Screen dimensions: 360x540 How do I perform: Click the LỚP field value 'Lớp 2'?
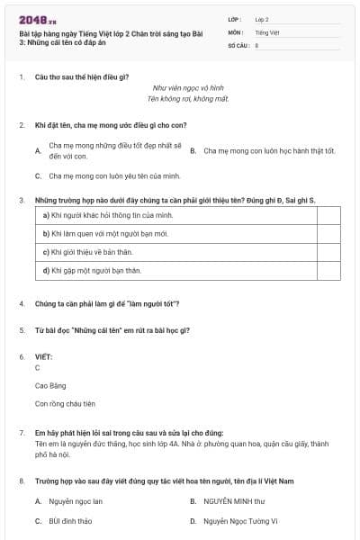coord(262,18)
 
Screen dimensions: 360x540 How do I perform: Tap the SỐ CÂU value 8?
coord(256,44)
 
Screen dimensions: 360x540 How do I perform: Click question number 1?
coord(21,76)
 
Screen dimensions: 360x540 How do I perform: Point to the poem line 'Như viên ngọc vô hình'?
coord(187,88)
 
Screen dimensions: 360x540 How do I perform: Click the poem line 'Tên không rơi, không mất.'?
coord(187,98)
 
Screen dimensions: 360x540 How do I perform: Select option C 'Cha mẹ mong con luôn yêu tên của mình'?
coord(114,175)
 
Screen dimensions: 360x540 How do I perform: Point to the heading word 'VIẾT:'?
coord(43,357)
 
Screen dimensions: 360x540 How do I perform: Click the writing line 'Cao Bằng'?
coord(49,386)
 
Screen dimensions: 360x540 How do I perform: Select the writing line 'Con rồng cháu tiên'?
coord(65,404)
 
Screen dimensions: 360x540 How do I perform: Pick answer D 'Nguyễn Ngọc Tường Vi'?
coord(240,521)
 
